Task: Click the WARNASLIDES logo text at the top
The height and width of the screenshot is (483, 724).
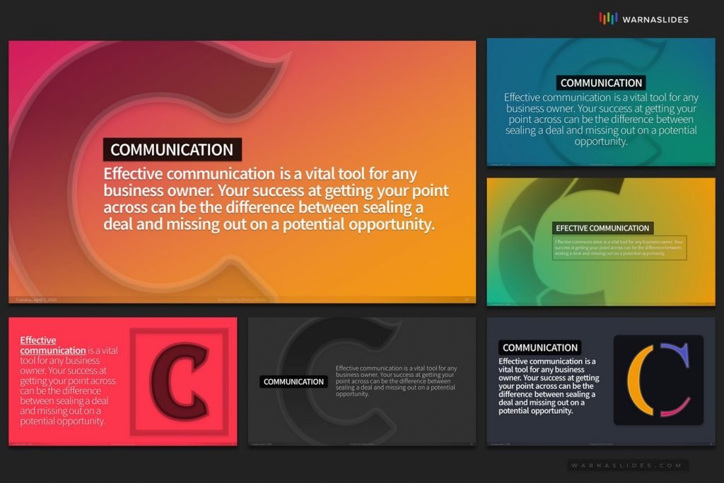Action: click(x=655, y=19)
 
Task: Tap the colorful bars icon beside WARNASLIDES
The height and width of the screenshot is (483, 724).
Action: click(x=608, y=18)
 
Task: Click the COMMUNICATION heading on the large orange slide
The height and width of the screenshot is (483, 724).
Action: click(x=172, y=150)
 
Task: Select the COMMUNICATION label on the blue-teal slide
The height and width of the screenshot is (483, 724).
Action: click(x=601, y=83)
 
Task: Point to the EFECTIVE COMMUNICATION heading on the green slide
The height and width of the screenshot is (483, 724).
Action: click(x=602, y=228)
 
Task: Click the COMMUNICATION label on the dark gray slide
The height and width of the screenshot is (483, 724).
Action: click(x=293, y=382)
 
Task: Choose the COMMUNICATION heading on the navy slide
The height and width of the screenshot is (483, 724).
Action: click(x=540, y=348)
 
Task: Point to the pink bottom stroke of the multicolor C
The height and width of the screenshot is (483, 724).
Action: click(x=675, y=409)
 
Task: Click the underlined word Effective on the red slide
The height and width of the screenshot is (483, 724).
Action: click(x=38, y=341)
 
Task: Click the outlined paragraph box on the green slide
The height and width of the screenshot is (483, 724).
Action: click(x=619, y=248)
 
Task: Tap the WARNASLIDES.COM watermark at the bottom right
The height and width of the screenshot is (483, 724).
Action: click(x=627, y=465)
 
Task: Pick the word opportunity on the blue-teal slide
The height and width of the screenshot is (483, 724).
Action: click(x=600, y=141)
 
